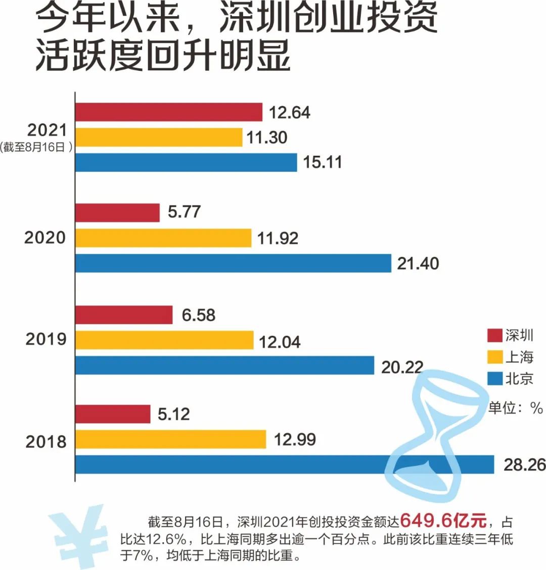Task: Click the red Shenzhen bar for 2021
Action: click(x=169, y=112)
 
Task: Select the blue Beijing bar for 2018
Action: click(x=233, y=464)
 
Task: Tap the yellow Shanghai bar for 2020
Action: click(x=163, y=238)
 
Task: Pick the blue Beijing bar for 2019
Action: click(x=224, y=365)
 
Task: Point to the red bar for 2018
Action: click(x=113, y=414)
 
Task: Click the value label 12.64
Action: click(x=289, y=112)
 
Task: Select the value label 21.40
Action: click(x=418, y=264)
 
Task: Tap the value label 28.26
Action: click(x=524, y=465)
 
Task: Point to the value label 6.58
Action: click(x=199, y=315)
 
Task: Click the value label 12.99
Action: click(x=295, y=439)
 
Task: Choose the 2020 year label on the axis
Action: click(x=45, y=237)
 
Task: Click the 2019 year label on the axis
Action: click(x=46, y=339)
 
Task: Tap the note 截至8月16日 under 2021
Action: click(x=36, y=148)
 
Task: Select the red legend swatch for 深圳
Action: click(x=494, y=335)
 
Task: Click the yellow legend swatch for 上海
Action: click(x=494, y=357)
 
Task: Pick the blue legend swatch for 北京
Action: click(x=494, y=379)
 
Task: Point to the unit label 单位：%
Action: click(x=515, y=408)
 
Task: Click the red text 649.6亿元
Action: click(x=443, y=520)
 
